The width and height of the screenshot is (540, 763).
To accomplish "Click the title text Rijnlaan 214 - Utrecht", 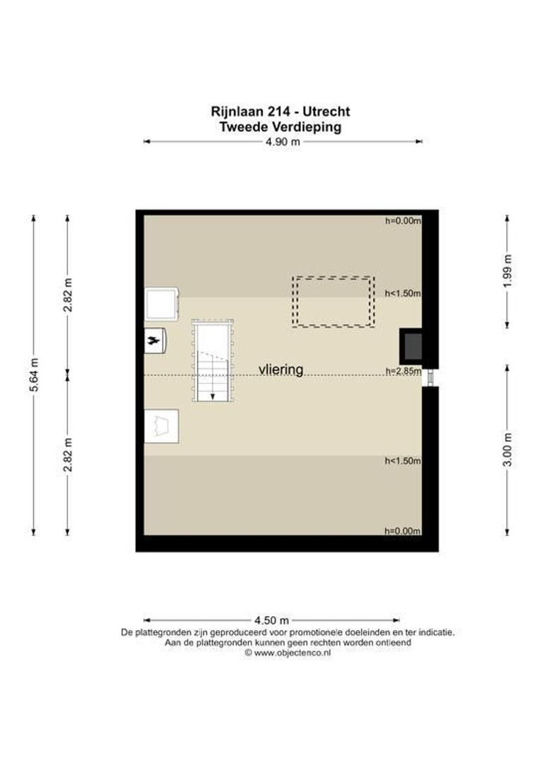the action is click(281, 112).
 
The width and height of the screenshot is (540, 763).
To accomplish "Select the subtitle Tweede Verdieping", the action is click(281, 127).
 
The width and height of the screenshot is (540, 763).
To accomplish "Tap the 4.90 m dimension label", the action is click(282, 141).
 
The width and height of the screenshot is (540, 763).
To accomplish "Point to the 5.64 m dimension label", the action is click(34, 374).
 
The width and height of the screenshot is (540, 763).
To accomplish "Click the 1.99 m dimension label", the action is click(507, 271).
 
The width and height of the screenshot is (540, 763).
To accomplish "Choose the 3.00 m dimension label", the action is click(507, 449).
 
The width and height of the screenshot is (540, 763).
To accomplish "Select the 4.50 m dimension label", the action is click(271, 620).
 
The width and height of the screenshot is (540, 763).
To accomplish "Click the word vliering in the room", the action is click(281, 369).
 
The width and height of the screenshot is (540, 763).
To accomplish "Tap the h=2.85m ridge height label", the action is click(403, 372).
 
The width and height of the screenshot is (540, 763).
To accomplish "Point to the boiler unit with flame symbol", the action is click(155, 340).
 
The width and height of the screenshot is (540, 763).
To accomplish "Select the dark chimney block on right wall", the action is click(411, 347).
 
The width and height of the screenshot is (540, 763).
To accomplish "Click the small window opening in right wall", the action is click(430, 377).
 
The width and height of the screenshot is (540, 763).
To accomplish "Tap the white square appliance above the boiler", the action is click(162, 304).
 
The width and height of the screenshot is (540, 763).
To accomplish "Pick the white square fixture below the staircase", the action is click(162, 426).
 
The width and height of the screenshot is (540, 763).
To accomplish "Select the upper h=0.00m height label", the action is click(403, 220).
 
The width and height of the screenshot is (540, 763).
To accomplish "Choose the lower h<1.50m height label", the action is click(403, 461).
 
